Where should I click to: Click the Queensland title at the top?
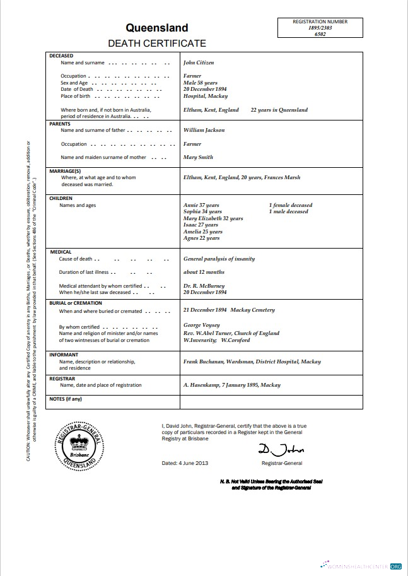(x=156, y=28)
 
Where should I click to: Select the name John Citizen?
(x=199, y=63)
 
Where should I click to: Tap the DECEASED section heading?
(x=61, y=56)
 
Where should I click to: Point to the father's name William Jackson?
(x=204, y=130)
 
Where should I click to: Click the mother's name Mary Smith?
(x=198, y=157)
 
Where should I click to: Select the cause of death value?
(x=219, y=259)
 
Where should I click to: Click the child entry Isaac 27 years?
(x=201, y=225)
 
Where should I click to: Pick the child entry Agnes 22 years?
(x=201, y=238)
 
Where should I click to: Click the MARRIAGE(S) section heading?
(x=65, y=171)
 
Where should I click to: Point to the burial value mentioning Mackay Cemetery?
(x=229, y=310)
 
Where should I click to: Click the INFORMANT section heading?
(x=64, y=355)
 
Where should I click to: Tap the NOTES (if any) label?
(x=66, y=399)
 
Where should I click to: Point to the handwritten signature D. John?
(x=281, y=449)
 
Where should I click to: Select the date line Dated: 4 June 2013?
(x=185, y=463)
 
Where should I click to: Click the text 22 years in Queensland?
(x=279, y=110)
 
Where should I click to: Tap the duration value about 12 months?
(x=204, y=273)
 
